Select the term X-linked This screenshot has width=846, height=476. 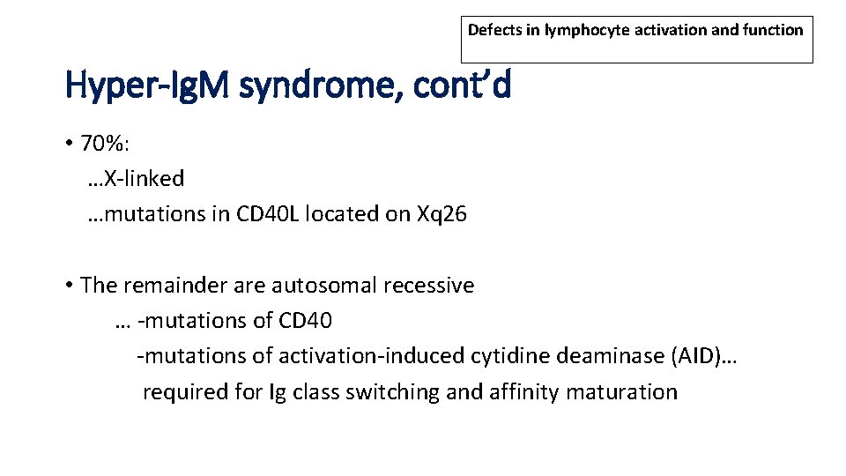(144, 179)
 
